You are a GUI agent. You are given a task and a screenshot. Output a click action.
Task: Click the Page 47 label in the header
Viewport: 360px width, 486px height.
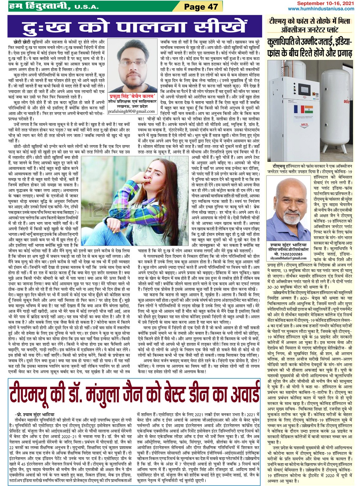pos(201,7)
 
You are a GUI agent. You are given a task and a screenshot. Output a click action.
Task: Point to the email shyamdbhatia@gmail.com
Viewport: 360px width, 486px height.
pos(286,258)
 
